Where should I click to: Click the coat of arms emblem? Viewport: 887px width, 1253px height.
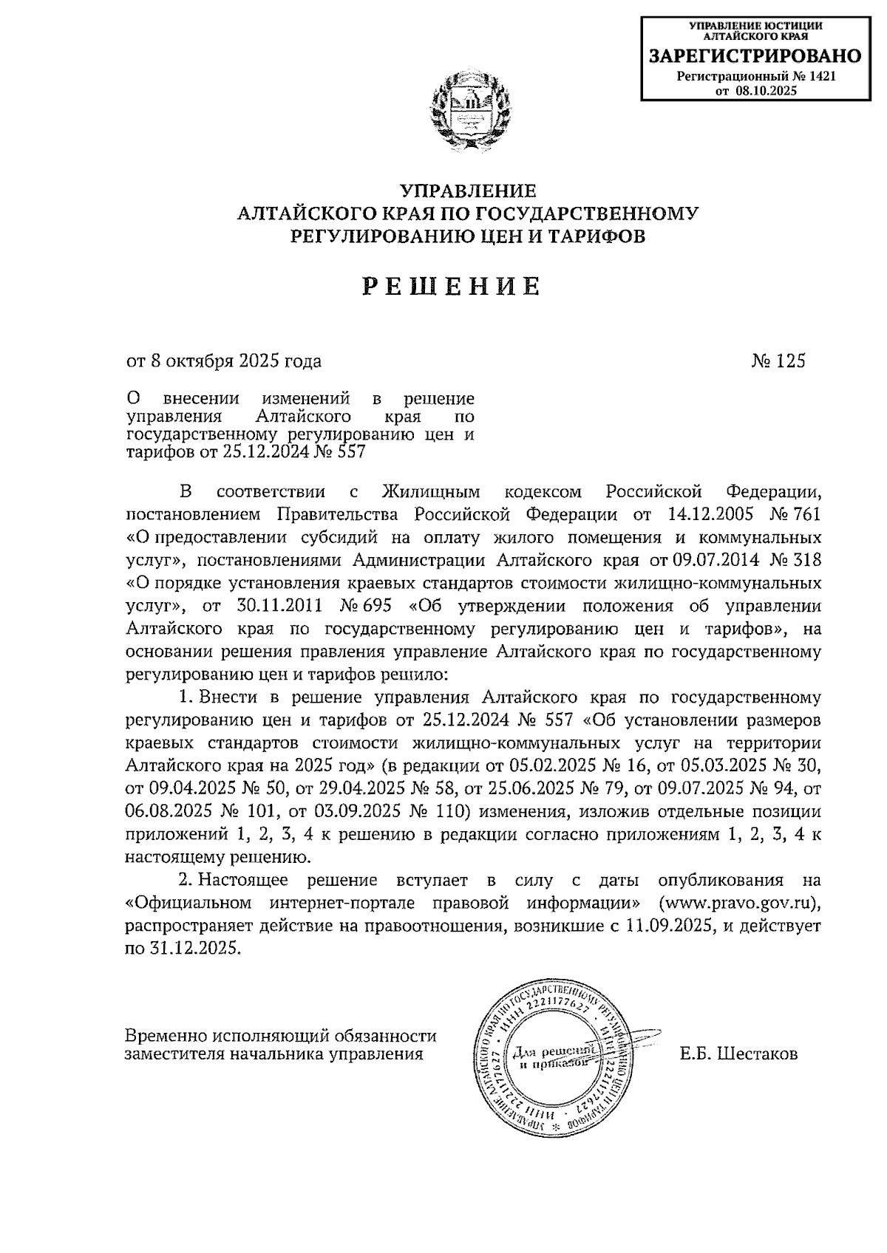pyautogui.click(x=466, y=110)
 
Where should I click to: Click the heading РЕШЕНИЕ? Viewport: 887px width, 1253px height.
pyautogui.click(x=452, y=286)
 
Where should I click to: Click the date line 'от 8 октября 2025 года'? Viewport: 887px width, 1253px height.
pyautogui.click(x=224, y=361)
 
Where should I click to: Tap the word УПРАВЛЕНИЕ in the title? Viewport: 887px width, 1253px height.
pyautogui.click(x=467, y=192)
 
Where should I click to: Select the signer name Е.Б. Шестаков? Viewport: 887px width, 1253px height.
pyautogui.click(x=738, y=1054)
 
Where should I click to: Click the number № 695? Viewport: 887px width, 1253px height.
pyautogui.click(x=368, y=607)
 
